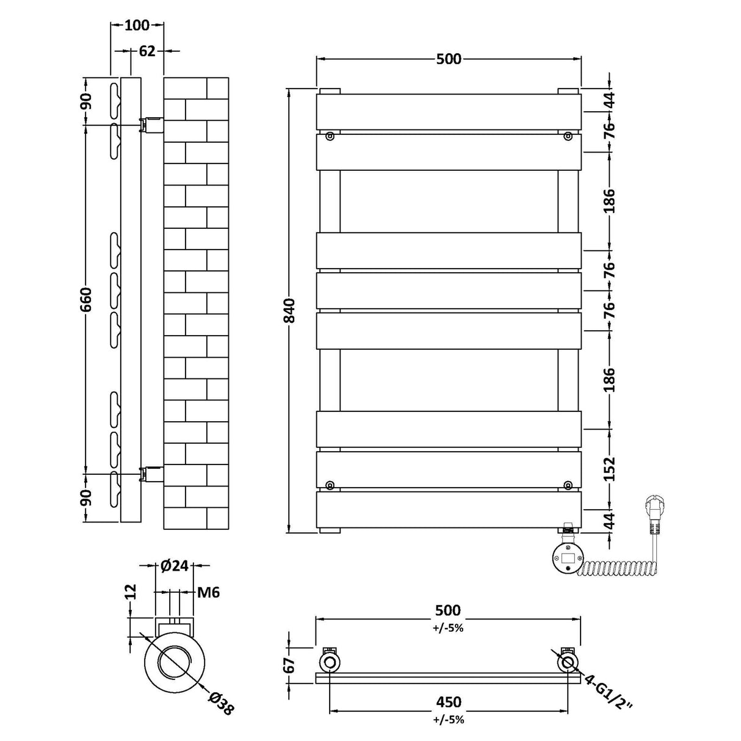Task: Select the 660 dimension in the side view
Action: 87,299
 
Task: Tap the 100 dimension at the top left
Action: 137,25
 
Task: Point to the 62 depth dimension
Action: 147,51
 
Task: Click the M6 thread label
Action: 209,592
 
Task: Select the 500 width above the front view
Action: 449,59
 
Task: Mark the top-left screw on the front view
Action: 330,137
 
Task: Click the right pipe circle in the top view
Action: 567,662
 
